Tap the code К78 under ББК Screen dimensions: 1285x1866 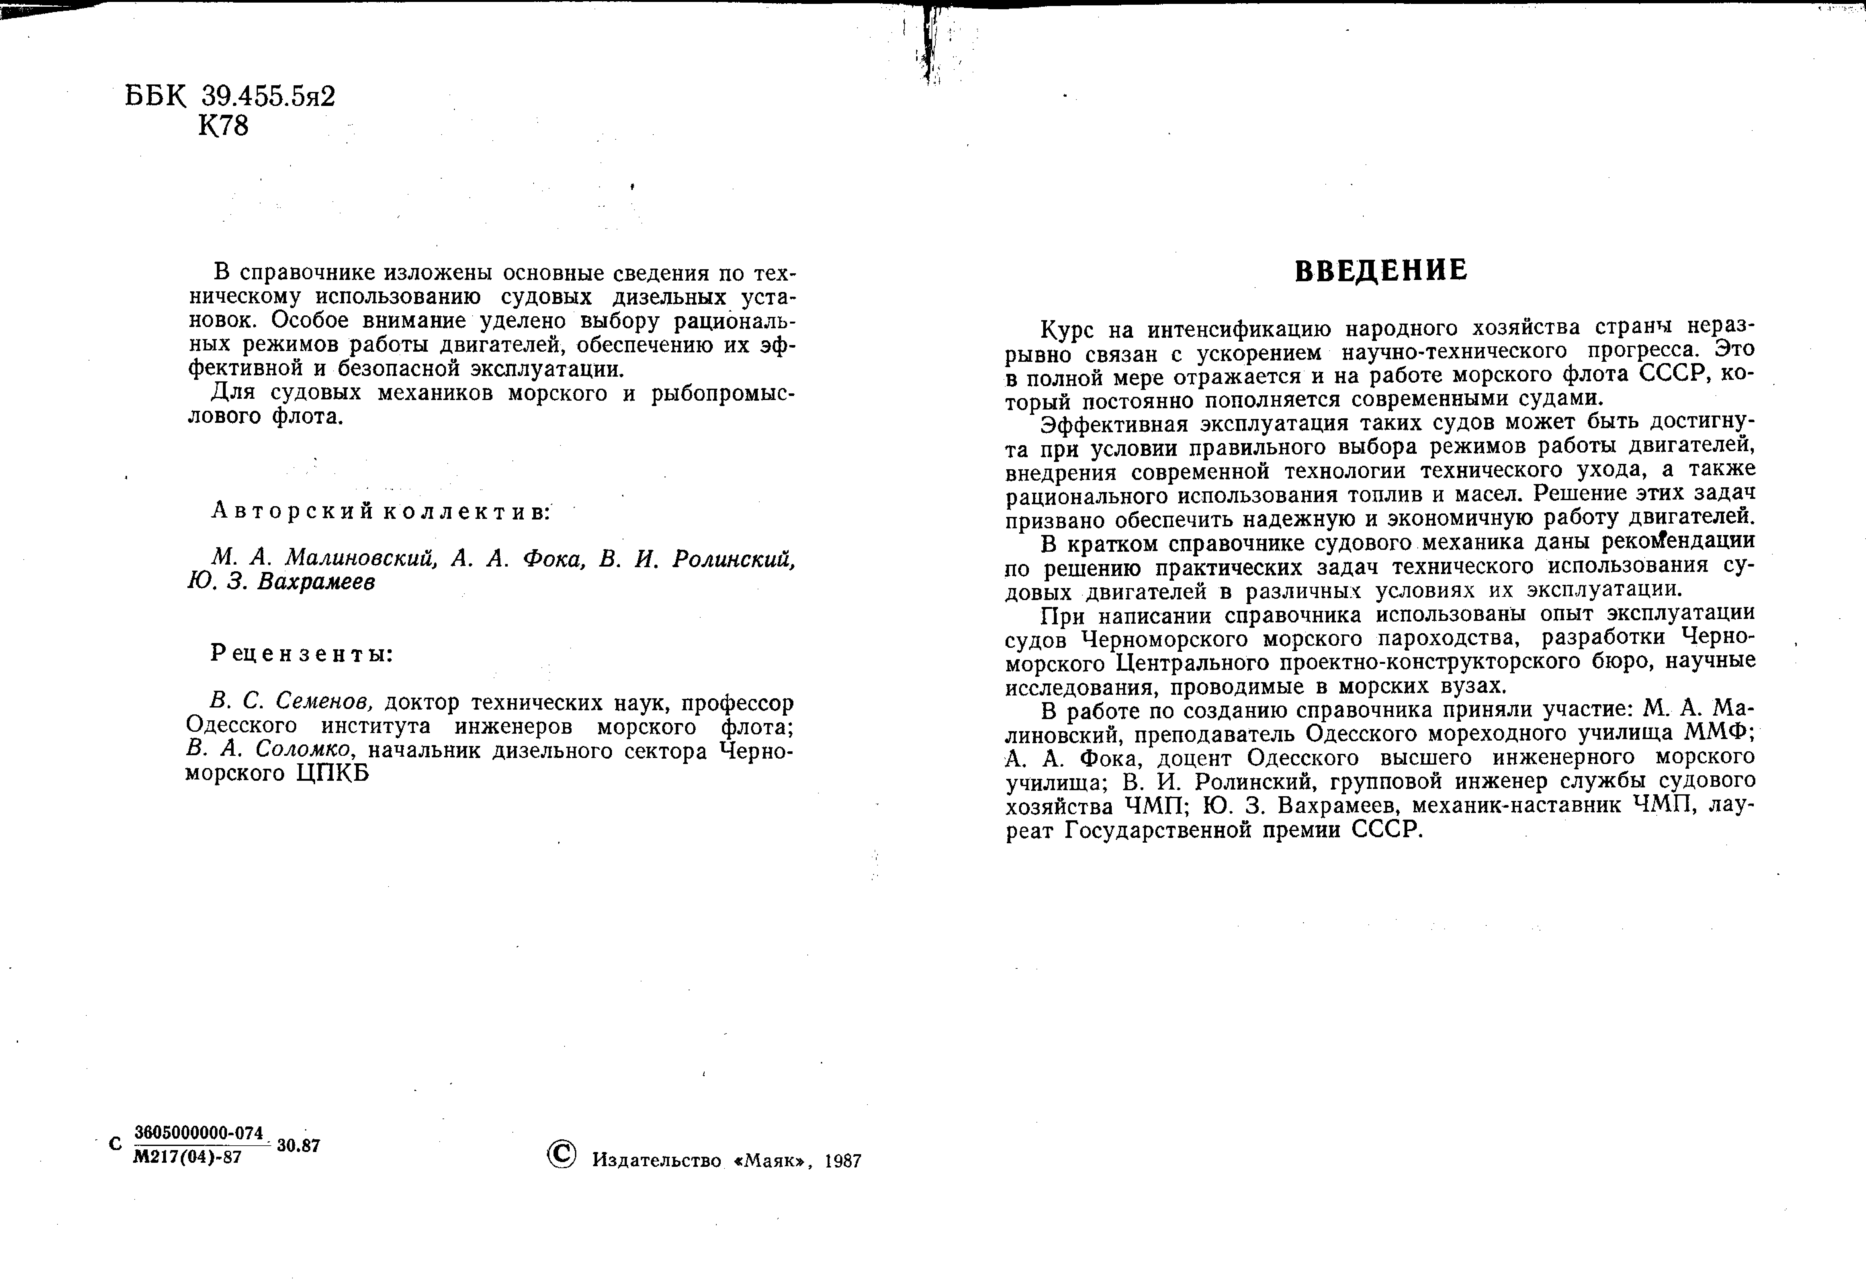click(x=223, y=126)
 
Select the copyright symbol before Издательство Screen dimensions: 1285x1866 click(x=561, y=1154)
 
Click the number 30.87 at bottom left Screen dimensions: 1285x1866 click(x=298, y=1146)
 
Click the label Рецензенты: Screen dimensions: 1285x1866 click(x=302, y=654)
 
